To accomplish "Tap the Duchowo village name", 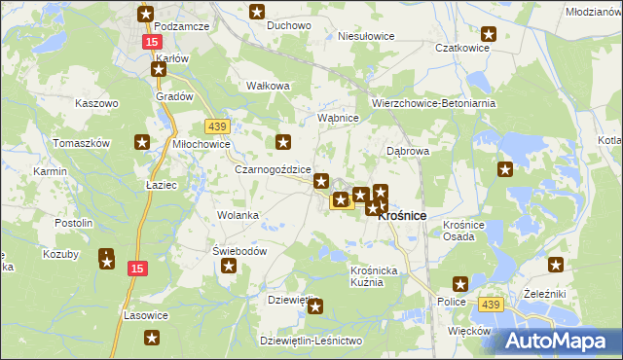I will tap(288, 26).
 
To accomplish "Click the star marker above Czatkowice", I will tap(489, 35).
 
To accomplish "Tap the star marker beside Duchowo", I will tap(257, 13).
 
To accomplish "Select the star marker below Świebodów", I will tap(230, 267).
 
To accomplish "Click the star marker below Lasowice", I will tap(153, 338).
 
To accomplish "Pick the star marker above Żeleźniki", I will tap(556, 264).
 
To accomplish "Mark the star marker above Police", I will tap(460, 284).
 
